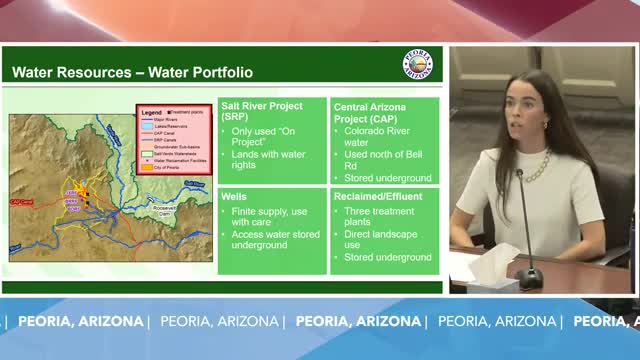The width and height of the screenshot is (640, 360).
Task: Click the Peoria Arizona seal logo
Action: (417, 64)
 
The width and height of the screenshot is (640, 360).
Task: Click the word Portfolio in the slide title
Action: (219, 72)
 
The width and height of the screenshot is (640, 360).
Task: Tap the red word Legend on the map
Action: (151, 112)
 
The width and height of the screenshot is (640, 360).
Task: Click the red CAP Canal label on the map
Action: (22, 202)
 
